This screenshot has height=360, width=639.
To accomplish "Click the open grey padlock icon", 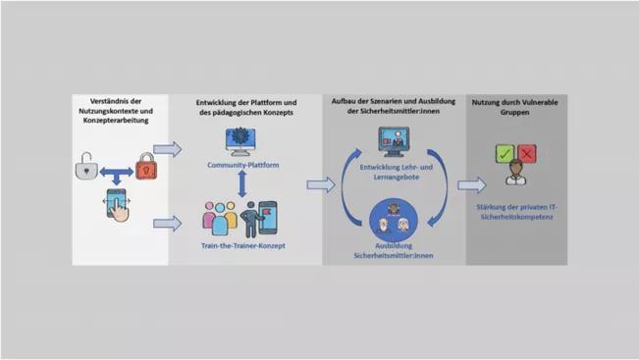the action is pyautogui.click(x=86, y=166).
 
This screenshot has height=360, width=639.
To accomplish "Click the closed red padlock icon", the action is pyautogui.click(x=146, y=166).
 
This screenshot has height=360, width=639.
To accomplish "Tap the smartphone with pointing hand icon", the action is pyautogui.click(x=118, y=205).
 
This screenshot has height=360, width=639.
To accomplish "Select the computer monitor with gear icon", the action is pyautogui.click(x=240, y=141).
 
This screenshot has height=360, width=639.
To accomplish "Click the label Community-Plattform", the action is pyautogui.click(x=243, y=165).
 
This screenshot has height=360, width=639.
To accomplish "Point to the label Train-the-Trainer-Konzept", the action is pyautogui.click(x=242, y=245).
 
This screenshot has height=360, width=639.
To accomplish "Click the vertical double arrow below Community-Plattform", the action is pyautogui.click(x=242, y=184).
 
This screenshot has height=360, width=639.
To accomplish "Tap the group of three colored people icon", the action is pyautogui.click(x=220, y=218).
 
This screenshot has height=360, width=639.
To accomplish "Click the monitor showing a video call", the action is pyautogui.click(x=394, y=141).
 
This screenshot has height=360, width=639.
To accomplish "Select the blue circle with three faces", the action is pyautogui.click(x=394, y=220).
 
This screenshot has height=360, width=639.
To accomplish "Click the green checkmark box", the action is pyautogui.click(x=505, y=154).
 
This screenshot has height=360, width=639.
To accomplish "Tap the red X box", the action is pyautogui.click(x=526, y=154).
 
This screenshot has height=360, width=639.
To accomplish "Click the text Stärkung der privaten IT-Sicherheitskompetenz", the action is pyautogui.click(x=516, y=212).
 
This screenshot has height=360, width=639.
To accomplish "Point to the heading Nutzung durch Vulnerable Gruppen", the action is pyautogui.click(x=514, y=107).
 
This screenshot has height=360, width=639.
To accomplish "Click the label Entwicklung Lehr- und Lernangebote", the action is pyautogui.click(x=397, y=172).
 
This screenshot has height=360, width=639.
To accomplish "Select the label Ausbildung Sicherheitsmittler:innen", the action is pyautogui.click(x=394, y=250).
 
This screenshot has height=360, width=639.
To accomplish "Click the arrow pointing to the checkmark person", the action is pyautogui.click(x=471, y=185).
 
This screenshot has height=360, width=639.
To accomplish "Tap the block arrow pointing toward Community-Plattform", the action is pyautogui.click(x=167, y=149).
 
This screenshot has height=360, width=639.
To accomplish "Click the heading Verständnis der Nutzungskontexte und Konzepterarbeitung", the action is pyautogui.click(x=116, y=111).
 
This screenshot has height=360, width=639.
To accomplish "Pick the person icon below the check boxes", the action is pyautogui.click(x=515, y=173).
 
